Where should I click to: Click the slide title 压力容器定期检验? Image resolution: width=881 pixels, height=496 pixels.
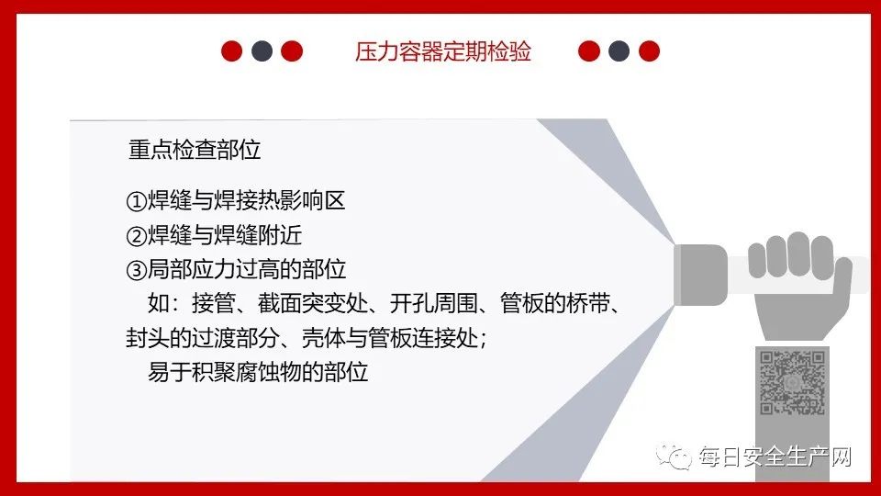click(442, 51)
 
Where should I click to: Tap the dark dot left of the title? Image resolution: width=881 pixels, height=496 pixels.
click(262, 51)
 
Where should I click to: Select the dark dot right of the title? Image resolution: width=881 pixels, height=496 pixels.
click(619, 51)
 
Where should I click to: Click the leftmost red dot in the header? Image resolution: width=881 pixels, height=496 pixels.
click(231, 51)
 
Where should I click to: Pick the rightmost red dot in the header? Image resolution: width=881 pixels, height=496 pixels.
click(649, 51)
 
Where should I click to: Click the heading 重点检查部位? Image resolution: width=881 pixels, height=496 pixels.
click(195, 150)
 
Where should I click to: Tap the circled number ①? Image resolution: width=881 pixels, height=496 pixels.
click(136, 201)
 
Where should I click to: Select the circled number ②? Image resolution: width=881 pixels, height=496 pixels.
click(136, 236)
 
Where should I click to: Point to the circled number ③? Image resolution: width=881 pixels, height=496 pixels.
click(136, 270)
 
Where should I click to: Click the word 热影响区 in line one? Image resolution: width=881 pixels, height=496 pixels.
click(302, 201)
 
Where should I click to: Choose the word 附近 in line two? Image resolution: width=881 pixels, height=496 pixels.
click(280, 235)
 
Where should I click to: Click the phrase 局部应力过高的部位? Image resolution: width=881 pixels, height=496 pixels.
click(247, 269)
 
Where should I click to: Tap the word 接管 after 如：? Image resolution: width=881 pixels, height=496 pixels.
click(214, 304)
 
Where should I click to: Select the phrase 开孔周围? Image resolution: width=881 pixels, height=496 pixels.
click(434, 304)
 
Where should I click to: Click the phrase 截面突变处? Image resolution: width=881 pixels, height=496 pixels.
click(313, 304)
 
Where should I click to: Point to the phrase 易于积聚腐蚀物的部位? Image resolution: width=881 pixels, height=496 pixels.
click(258, 372)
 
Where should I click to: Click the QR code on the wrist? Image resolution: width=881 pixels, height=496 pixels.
click(792, 382)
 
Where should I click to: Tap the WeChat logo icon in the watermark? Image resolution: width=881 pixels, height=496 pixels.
click(674, 456)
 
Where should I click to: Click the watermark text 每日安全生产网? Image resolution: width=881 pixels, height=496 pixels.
click(775, 457)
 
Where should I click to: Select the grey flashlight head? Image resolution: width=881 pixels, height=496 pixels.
click(700, 275)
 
